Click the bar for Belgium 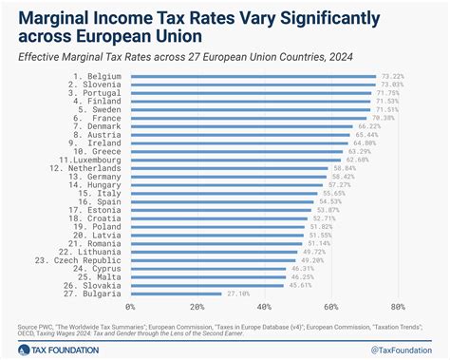click(252, 75)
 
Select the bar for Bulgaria click(175, 294)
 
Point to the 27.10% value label click(237, 294)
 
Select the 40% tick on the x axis click(264, 308)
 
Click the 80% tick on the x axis click(397, 308)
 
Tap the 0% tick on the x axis click(130, 308)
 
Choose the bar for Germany click(229, 176)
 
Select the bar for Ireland click(237, 142)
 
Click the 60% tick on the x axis click(330, 308)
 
